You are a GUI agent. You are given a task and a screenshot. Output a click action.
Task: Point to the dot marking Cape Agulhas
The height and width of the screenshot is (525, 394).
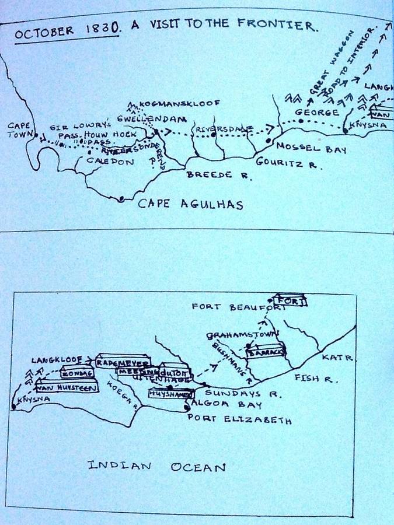click(121, 199)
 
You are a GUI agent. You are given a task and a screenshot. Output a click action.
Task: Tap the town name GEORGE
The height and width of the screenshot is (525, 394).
click(316, 112)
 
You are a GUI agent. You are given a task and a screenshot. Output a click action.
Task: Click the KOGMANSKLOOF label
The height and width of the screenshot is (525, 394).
click(180, 103)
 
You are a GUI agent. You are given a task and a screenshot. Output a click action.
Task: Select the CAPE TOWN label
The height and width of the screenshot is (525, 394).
click(19, 129)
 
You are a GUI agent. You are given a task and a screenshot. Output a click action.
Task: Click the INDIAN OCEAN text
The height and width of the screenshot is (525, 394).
click(156, 467)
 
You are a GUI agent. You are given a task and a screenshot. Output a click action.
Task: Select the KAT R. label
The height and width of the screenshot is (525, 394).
click(338, 357)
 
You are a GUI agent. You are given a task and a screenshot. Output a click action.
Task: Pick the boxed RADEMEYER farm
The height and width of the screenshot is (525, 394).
click(123, 362)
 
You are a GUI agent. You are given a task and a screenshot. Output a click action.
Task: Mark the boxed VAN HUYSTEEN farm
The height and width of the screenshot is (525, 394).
click(67, 386)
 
